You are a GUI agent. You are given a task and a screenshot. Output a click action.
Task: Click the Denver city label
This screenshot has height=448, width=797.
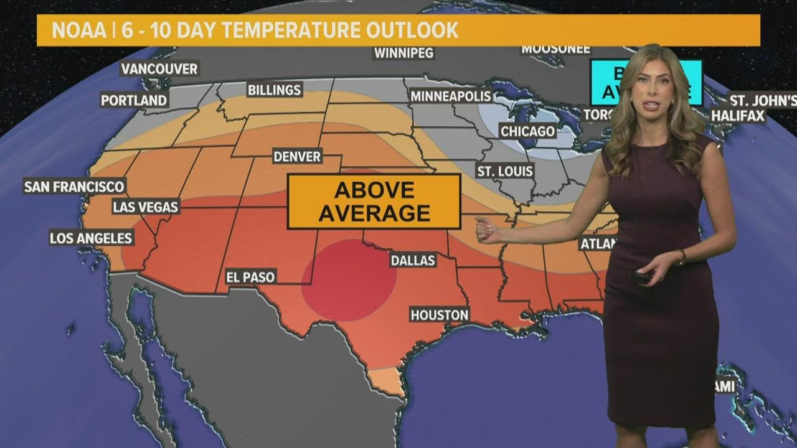tap(297, 156)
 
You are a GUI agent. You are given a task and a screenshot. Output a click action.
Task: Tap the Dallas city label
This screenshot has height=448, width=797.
tap(413, 260)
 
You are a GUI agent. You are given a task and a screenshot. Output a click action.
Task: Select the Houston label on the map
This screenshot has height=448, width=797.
tap(439, 315)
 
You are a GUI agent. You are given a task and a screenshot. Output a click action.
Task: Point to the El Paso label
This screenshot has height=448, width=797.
tap(250, 277)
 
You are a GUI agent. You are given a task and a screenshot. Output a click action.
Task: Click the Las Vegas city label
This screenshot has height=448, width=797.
tap(146, 207)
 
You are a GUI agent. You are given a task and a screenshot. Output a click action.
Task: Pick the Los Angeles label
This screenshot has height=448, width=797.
tap(91, 238)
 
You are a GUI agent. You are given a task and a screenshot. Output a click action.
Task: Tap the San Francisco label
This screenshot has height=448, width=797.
tap(74, 186)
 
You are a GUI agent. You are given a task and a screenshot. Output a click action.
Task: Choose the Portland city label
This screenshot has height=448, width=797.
tap(134, 100)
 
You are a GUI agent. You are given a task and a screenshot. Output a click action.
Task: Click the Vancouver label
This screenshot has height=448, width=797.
tap(159, 68)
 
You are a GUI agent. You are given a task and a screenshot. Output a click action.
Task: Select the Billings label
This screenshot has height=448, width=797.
tap(274, 90)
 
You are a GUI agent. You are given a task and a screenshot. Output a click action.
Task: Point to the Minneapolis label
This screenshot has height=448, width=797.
tap(451, 96)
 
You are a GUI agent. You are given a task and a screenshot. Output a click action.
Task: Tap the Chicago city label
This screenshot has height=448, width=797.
tap(527, 131)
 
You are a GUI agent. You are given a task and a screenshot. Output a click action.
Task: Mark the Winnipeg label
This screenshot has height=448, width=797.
tap(403, 53)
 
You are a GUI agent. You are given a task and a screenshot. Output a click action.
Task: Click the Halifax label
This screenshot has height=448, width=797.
tap(738, 115)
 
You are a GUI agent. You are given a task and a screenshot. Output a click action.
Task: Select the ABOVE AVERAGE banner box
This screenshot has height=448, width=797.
tap(374, 201)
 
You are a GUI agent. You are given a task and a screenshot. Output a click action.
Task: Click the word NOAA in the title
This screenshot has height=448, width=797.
tap(77, 30)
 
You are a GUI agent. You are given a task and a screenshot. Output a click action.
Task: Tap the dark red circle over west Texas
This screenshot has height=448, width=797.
tap(349, 280)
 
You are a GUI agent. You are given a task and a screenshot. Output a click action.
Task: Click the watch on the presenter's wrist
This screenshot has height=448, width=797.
tap(681, 258)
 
